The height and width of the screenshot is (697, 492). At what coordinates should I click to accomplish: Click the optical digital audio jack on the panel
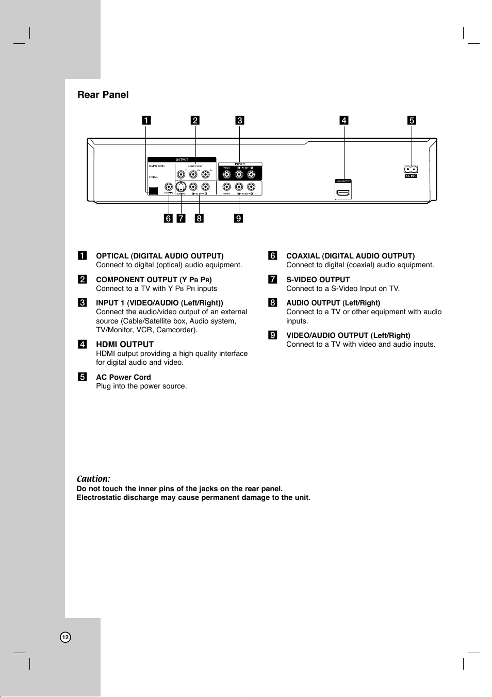pyautogui.click(x=153, y=190)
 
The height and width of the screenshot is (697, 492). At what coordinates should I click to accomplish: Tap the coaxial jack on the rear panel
pyautogui.click(x=169, y=187)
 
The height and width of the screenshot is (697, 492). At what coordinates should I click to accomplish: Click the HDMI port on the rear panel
pyautogui.click(x=343, y=193)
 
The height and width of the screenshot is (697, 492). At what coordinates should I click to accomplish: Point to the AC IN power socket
pyautogui.click(x=411, y=169)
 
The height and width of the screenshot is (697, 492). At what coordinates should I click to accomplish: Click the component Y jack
pyautogui.click(x=181, y=174)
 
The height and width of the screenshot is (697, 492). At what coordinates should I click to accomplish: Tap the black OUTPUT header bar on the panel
pyautogui.click(x=182, y=160)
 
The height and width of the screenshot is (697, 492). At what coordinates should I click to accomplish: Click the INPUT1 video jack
pyautogui.click(x=227, y=174)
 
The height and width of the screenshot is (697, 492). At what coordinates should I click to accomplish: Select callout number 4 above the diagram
pyautogui.click(x=344, y=121)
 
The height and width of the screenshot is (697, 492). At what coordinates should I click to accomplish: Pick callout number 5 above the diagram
pyautogui.click(x=412, y=121)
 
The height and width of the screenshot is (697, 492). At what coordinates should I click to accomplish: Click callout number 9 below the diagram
pyautogui.click(x=239, y=218)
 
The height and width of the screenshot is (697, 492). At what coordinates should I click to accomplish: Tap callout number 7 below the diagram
pyautogui.click(x=181, y=218)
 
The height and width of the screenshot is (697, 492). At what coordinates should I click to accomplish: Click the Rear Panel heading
pyautogui.click(x=103, y=95)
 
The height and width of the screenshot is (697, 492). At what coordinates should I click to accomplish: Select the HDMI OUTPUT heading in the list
pyautogui.click(x=125, y=345)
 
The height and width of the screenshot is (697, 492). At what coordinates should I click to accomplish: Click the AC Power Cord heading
pyautogui.click(x=123, y=377)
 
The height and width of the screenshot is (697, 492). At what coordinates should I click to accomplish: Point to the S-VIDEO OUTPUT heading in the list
pyautogui.click(x=318, y=280)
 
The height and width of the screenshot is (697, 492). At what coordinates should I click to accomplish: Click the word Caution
pyautogui.click(x=93, y=479)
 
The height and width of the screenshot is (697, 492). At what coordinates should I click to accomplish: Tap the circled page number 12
pyautogui.click(x=65, y=637)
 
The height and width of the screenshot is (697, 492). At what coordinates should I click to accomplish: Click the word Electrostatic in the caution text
pyautogui.click(x=100, y=498)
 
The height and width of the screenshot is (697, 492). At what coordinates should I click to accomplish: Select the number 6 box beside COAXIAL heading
pyautogui.click(x=273, y=256)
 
